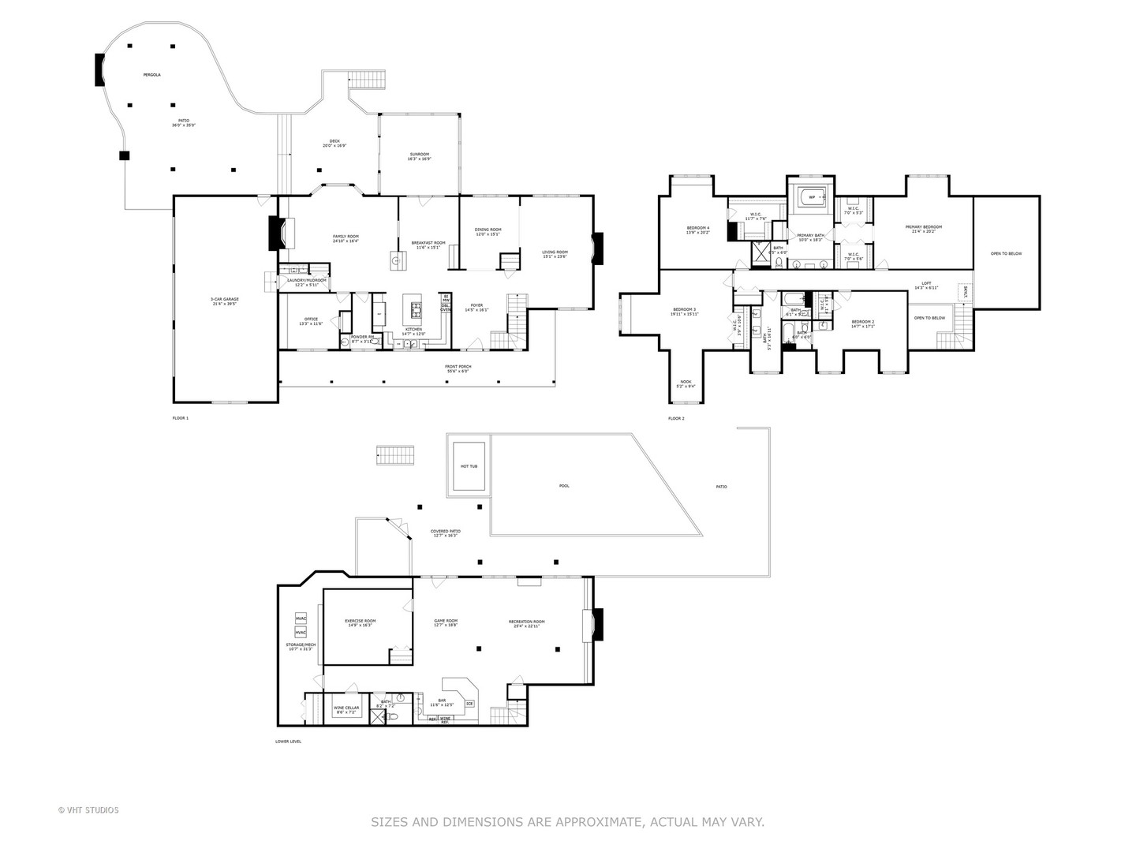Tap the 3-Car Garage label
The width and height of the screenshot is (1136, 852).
pos(224,300)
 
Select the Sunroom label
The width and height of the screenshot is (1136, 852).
pos(419,155)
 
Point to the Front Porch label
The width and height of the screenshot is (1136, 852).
pos(457,367)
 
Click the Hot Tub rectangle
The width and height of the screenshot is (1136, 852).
pos(469,466)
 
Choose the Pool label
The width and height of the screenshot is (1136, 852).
pos(564,486)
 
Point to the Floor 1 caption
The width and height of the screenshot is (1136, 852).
pos(181,418)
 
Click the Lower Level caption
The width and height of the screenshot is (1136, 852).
pos(288,742)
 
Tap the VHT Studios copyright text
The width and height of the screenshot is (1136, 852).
pos(88,810)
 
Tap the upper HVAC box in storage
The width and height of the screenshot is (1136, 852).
pos(301,618)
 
